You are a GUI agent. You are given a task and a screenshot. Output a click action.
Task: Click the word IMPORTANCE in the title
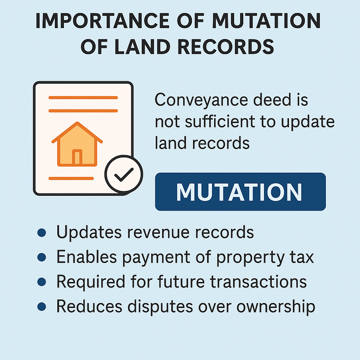pyautogui.click(x=102, y=21)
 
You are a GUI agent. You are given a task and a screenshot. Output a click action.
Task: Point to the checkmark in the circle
pyautogui.click(x=124, y=174)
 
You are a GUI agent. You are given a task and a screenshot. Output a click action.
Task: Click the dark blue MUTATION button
pyautogui.click(x=240, y=192)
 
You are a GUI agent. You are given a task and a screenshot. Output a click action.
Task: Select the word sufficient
pyautogui.click(x=220, y=121)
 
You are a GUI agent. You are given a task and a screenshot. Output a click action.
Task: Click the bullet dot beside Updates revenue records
pyautogui.click(x=41, y=233)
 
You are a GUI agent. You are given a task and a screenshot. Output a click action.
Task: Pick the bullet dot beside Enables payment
pyautogui.click(x=41, y=257)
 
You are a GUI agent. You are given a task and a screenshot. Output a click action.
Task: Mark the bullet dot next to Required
pyautogui.click(x=41, y=282)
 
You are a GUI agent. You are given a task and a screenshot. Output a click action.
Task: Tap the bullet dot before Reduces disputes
pyautogui.click(x=41, y=307)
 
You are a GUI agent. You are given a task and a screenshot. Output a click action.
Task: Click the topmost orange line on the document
pyautogui.click(x=83, y=98)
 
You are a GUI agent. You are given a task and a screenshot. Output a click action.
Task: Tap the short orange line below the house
pyautogui.click(x=71, y=178)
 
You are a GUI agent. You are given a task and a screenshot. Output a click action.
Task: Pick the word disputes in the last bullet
pyautogui.click(x=160, y=307)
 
